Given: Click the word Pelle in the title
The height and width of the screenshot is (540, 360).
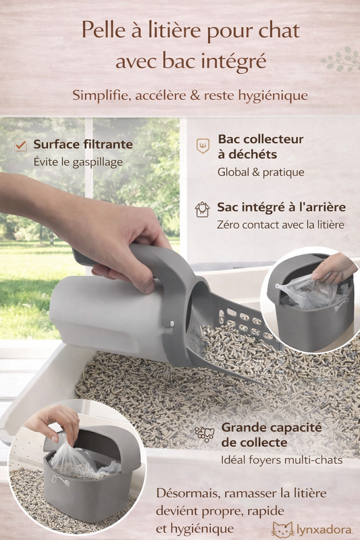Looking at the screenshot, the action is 104,30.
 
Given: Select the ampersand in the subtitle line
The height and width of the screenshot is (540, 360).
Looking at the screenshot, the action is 195,95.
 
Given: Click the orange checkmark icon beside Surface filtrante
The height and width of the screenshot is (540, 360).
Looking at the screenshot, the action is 21,145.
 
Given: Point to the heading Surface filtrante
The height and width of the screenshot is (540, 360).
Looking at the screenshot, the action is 83,144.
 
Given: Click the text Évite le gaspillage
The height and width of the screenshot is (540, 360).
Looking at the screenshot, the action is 78,162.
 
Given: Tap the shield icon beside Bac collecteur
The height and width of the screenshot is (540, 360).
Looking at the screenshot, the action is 203,146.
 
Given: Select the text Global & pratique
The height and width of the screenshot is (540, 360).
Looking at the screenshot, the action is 261,172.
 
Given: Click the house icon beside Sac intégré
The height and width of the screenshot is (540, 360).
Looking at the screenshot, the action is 202,209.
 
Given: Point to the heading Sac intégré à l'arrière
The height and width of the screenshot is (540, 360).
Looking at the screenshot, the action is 281,207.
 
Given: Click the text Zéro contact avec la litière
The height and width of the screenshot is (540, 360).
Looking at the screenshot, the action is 280,225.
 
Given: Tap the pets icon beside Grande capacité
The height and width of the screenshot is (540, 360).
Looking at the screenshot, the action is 204,434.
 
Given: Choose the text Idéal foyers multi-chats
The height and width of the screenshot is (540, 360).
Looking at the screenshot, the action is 282,460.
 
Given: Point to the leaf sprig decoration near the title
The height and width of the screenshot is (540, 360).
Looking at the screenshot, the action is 340,59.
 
